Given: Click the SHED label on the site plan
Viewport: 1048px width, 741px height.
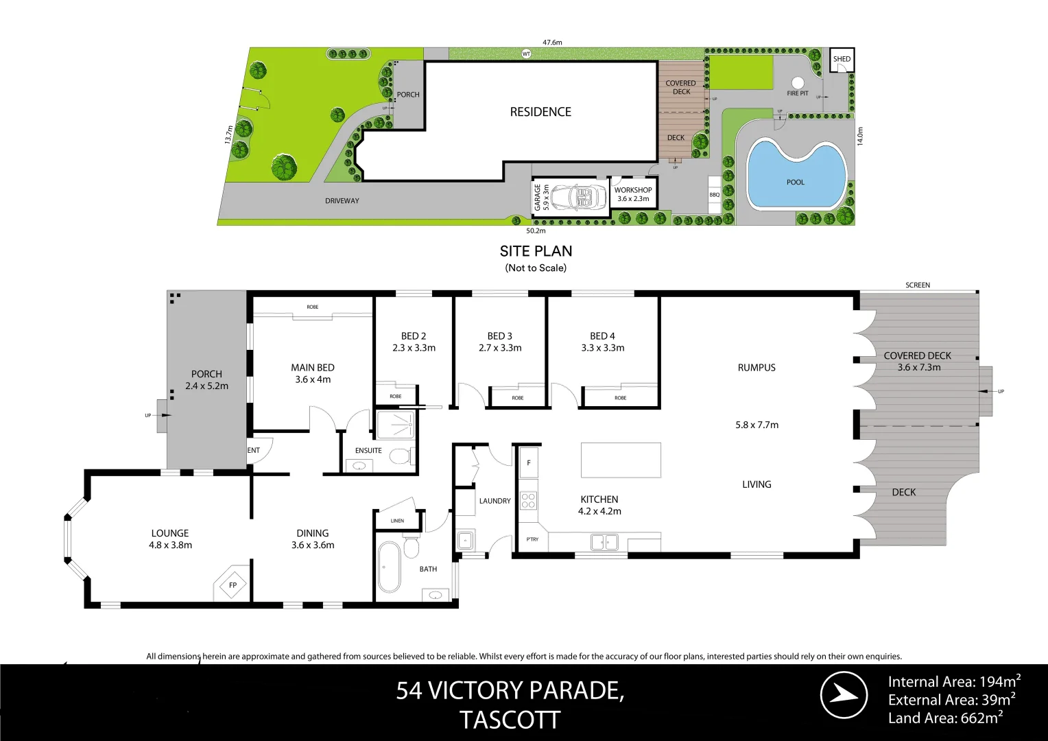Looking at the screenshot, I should click(842, 59).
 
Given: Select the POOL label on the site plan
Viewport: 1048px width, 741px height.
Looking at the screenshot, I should click(796, 182).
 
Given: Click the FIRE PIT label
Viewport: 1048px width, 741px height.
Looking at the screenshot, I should click(798, 93).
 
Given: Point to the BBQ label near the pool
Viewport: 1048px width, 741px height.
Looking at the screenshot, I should click(715, 195).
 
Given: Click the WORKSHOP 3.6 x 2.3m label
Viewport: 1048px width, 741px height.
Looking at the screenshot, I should click(633, 194).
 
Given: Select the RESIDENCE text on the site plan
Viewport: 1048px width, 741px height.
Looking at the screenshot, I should click(540, 112).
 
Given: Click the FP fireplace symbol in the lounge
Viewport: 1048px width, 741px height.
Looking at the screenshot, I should click(233, 585).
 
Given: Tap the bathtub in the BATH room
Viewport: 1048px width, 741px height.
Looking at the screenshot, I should click(388, 567).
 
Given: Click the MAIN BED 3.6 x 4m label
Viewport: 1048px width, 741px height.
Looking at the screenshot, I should click(313, 373).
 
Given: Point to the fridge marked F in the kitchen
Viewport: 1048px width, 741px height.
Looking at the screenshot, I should click(529, 462).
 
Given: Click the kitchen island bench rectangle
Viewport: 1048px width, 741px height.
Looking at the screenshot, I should click(621, 460).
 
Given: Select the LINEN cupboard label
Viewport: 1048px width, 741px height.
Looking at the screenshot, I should click(397, 521).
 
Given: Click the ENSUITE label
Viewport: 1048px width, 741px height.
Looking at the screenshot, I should click(368, 451).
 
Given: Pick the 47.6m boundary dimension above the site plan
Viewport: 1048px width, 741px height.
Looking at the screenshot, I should click(552, 43).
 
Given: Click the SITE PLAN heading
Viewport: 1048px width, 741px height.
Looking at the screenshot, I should click(536, 251).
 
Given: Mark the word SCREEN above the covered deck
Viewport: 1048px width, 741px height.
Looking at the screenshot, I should click(918, 285).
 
